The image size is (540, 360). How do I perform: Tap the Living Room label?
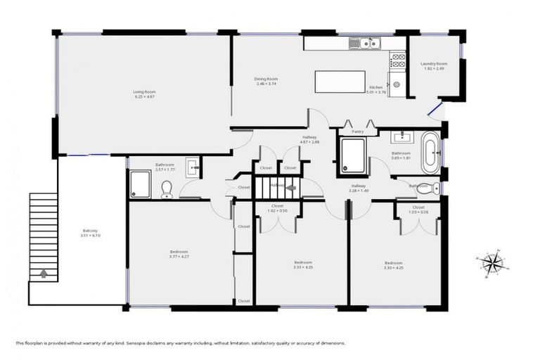tap(144, 91)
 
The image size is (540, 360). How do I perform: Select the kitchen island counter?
tap(335, 81)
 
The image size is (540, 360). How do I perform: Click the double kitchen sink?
tap(367, 44)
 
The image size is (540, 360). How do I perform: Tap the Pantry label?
tap(357, 131)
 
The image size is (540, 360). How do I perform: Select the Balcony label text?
tap(89, 231)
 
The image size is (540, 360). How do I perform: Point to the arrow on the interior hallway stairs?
tap(290, 187)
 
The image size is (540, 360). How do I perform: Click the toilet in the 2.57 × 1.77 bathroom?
tap(167, 188)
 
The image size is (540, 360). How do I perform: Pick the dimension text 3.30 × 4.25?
tap(392, 268)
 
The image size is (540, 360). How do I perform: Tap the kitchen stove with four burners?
tap(398, 60)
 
